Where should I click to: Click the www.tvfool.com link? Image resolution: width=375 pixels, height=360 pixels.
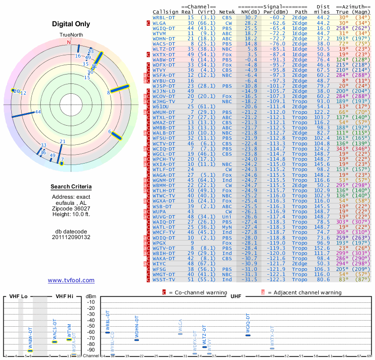tap(71, 280)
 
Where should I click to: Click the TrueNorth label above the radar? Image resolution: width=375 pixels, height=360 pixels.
tap(71, 35)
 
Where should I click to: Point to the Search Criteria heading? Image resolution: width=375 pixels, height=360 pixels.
tap(71, 187)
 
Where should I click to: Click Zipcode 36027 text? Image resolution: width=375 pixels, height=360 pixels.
tap(71, 208)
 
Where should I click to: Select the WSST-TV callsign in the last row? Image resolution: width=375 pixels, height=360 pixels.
tap(164, 279)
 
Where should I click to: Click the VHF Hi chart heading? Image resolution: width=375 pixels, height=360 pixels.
tap(64, 297)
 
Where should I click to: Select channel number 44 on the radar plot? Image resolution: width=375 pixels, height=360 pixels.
tap(38, 112)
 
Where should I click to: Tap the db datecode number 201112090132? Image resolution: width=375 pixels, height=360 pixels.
tap(71, 237)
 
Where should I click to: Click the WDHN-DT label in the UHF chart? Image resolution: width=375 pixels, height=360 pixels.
tap(137, 327)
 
